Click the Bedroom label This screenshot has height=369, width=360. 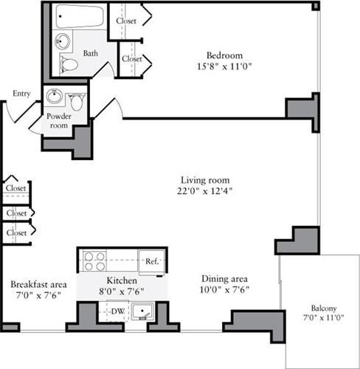tap(224, 55)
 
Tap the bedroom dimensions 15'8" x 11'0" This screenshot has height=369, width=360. tap(224, 66)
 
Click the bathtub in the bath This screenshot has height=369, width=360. tap(80, 16)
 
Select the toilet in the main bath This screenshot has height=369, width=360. tap(69, 64)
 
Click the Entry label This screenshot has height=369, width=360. tap(22, 94)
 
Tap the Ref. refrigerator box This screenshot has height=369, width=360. tap(152, 261)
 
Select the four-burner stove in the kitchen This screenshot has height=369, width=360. tap(94, 261)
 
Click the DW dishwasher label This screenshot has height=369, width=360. tap(117, 311)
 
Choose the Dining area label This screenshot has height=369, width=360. tap(224, 280)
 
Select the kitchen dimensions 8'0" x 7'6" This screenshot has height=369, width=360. tap(119, 292)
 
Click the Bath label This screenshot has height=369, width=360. tap(90, 53)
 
